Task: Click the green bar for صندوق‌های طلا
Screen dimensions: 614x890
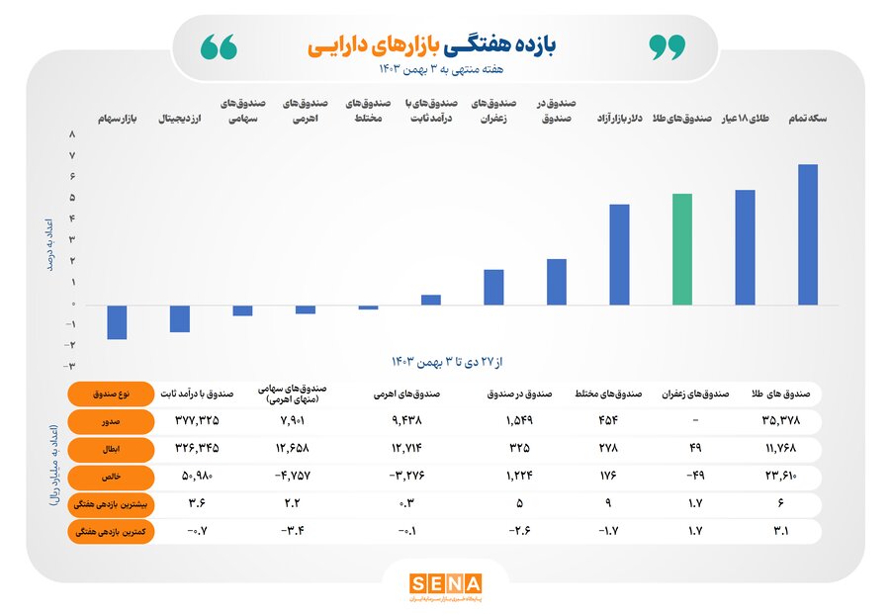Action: (682, 249)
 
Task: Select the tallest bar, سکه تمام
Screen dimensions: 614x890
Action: (808, 234)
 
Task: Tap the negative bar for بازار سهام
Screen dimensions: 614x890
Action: (117, 322)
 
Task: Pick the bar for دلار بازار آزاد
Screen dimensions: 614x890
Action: (619, 254)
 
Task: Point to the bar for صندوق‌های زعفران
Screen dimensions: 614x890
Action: (493, 287)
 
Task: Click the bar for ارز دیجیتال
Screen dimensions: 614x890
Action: (180, 318)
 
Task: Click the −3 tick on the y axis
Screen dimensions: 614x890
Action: (71, 345)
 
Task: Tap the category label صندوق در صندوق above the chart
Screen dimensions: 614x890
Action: (557, 111)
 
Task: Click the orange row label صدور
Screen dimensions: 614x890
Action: (109, 420)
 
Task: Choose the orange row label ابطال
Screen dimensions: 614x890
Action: (109, 449)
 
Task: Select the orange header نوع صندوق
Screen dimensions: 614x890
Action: (109, 393)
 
